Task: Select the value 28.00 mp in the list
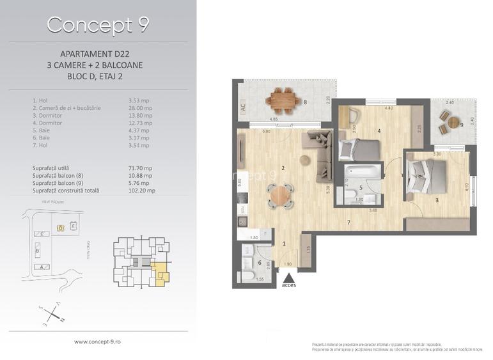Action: (140, 108)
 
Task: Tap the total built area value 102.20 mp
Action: (142, 191)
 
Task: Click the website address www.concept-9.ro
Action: (98, 342)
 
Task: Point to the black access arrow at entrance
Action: (288, 278)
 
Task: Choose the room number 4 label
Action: (379, 132)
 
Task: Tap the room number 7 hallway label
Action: (348, 223)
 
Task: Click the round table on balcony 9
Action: (453, 122)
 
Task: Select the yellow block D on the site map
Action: (61, 227)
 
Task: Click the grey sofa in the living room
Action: (320, 149)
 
